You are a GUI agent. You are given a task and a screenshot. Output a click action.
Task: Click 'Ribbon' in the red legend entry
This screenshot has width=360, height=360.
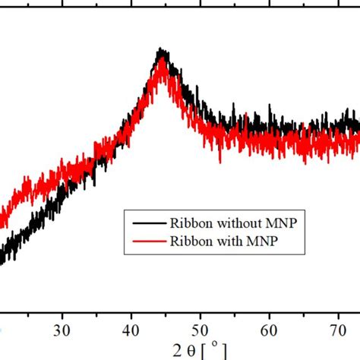tap(174, 242)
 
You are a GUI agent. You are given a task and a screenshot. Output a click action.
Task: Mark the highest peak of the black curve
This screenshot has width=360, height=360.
tap(160, 50)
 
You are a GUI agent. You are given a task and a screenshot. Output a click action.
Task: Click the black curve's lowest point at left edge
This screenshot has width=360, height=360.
tap(2, 262)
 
